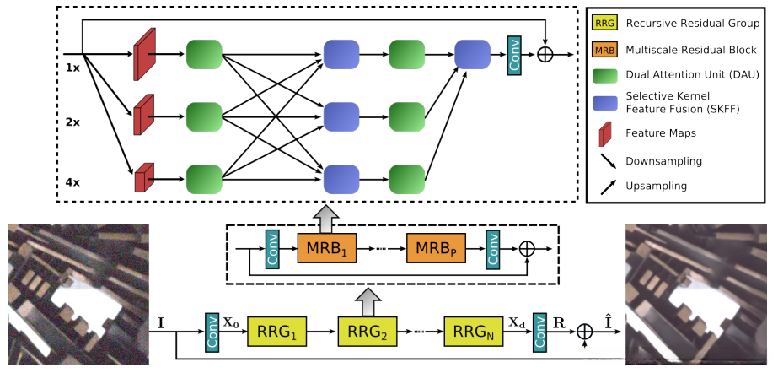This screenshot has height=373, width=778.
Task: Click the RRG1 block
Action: coord(275,332)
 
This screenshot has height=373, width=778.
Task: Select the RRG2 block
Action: coord(368,332)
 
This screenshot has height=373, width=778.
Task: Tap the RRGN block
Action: coord(473,332)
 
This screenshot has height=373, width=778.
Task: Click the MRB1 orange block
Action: coord(323,249)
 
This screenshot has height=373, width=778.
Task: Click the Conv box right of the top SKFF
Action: coord(514,55)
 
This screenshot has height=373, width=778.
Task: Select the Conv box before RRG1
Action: coord(211,332)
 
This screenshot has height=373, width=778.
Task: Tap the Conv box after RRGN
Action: coord(539,332)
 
